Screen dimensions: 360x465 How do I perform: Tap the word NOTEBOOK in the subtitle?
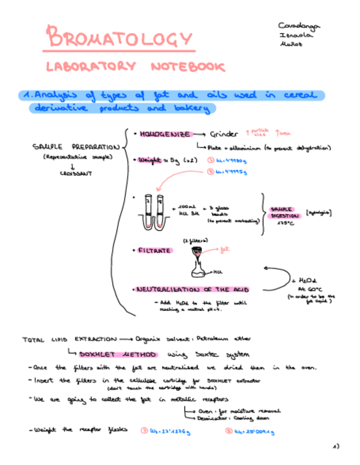(x=188, y=67)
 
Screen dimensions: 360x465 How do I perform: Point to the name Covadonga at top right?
(x=299, y=25)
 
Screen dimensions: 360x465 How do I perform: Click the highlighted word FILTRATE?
(x=156, y=251)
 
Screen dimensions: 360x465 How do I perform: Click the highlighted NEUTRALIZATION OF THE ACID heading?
(x=192, y=289)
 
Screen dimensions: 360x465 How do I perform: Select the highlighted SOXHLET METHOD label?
(x=117, y=354)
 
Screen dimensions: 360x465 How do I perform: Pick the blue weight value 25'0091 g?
(x=254, y=431)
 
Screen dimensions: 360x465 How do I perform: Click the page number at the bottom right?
(x=336, y=446)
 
